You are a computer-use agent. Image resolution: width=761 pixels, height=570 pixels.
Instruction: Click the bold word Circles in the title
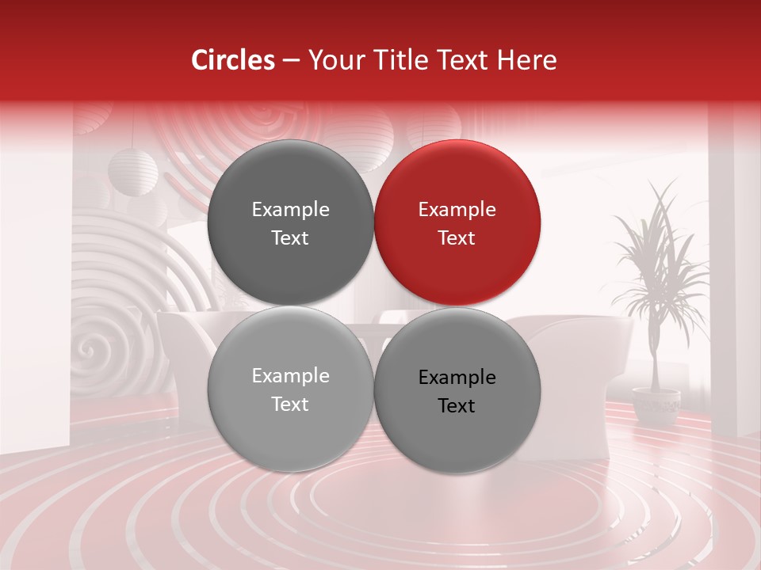(232, 60)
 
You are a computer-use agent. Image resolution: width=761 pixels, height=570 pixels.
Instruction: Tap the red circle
(457, 222)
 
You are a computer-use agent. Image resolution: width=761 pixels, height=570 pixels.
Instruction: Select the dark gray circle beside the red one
(290, 222)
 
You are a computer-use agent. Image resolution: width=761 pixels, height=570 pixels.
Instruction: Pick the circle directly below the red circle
(457, 390)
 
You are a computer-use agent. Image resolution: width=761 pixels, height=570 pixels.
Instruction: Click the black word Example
(457, 378)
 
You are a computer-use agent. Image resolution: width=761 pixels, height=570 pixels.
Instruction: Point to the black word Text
(457, 406)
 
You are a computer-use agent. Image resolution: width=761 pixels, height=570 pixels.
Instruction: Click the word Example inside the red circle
(457, 210)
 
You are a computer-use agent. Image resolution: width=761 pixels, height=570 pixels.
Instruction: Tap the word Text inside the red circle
(457, 238)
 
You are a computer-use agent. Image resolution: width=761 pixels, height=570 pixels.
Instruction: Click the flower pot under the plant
(656, 405)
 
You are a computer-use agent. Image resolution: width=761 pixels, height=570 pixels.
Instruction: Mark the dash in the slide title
(290, 61)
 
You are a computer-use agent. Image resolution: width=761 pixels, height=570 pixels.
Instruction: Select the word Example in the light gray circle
(290, 376)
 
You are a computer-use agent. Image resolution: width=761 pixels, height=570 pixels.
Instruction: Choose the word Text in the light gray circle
(290, 405)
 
